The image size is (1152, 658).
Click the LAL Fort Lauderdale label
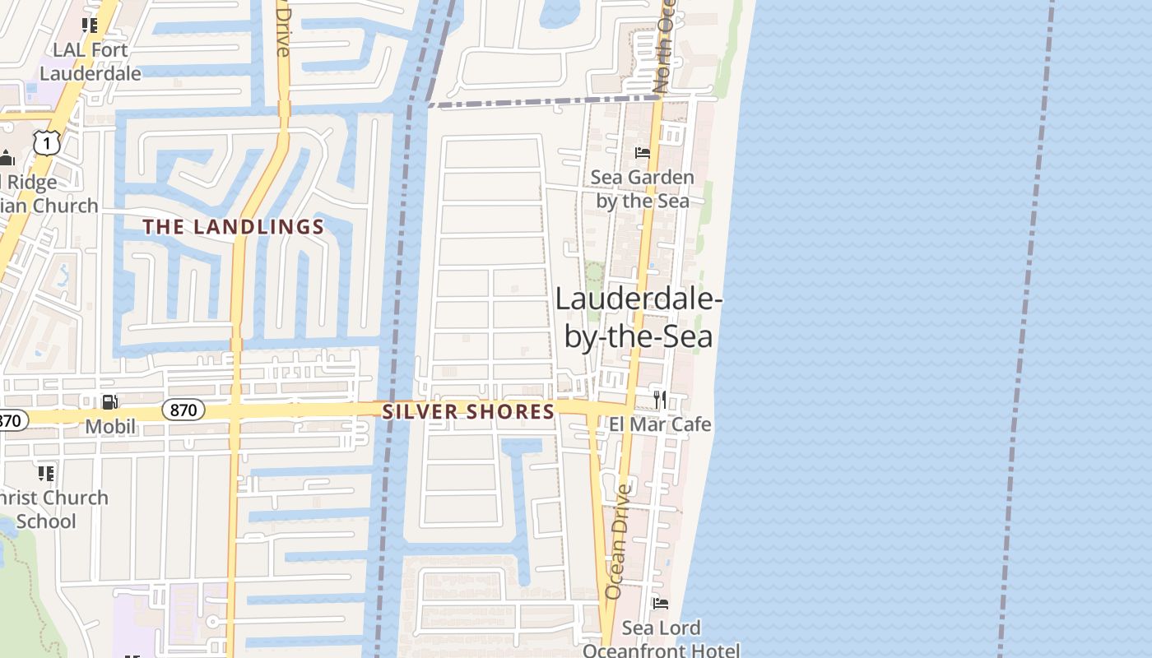point(91,62)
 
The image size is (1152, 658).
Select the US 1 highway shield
point(47,144)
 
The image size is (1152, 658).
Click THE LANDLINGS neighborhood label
point(234,227)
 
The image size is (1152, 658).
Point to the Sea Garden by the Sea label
point(643,189)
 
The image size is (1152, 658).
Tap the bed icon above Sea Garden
point(643,153)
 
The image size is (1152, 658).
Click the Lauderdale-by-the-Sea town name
point(639,317)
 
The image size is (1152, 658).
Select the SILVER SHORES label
point(469,412)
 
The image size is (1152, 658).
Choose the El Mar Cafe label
point(660,424)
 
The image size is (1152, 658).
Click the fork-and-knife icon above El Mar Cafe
point(660,400)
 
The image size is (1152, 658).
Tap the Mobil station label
point(110,427)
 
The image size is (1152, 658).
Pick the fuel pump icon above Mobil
point(109,402)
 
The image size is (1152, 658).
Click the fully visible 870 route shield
point(183,410)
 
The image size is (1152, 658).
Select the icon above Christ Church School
point(46,473)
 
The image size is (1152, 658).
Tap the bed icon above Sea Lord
point(661,604)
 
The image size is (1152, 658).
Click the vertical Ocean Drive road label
point(618,541)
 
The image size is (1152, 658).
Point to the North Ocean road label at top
point(663,49)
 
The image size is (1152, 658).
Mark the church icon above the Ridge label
point(7,158)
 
